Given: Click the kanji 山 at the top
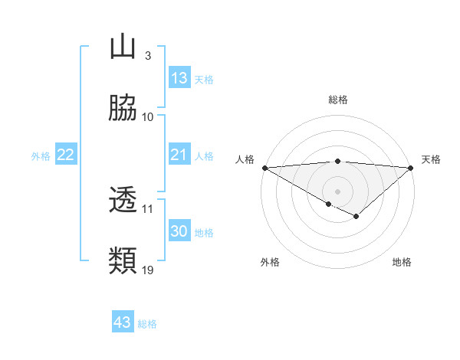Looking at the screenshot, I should point(123,47).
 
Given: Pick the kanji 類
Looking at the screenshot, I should point(123,260).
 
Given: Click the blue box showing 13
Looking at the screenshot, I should point(179,78).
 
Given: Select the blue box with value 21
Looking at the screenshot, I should point(179,155).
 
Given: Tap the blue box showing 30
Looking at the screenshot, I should point(179,231).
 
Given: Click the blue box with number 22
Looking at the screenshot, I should point(65,155).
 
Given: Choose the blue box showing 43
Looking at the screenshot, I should point(123,322).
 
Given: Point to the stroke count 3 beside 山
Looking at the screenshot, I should point(147,56).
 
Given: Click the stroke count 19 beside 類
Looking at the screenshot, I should point(148,270).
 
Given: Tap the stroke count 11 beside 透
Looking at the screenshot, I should point(148,208).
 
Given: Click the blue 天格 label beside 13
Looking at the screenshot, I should point(204,79).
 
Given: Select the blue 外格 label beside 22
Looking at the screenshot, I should point(41,156).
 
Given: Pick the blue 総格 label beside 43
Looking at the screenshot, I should point(147,323).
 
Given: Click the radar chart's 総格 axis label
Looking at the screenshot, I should point(337,100).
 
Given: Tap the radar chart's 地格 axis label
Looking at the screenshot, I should point(402,263).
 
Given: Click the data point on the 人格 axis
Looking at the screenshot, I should point(264,168).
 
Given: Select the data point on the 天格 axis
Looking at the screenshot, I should point(411,168).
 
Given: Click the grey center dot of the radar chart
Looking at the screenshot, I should point(337,191).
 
